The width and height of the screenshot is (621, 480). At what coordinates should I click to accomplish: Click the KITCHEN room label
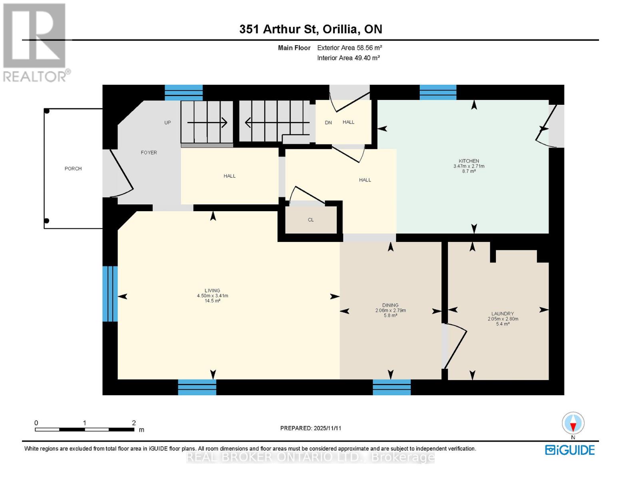[x=469, y=161]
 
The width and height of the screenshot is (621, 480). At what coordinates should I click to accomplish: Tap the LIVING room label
[x=212, y=291]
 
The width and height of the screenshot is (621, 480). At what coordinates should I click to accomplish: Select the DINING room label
[x=390, y=305]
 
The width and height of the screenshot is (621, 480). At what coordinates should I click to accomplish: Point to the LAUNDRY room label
[x=503, y=314]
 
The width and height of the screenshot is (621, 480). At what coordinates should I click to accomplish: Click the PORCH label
[x=73, y=169]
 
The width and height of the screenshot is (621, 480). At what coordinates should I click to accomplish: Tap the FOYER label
[x=149, y=153]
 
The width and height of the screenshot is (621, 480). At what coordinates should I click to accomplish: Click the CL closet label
[x=311, y=220]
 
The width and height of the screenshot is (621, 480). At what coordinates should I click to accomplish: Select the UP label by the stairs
[x=168, y=123]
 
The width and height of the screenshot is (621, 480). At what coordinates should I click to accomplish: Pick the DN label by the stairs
[x=328, y=123]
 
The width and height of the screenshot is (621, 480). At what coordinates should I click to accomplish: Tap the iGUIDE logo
[x=570, y=450]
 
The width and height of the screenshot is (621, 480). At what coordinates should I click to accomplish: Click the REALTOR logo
[x=35, y=42]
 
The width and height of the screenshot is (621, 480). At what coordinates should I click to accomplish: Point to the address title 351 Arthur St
[x=311, y=29]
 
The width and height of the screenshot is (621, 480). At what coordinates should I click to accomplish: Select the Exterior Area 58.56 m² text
[x=349, y=48]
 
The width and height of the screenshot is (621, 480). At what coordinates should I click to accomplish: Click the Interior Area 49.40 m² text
[x=348, y=58]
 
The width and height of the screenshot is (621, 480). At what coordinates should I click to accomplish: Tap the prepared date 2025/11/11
[x=311, y=428]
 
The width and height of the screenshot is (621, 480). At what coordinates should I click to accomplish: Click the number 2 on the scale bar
[x=134, y=423]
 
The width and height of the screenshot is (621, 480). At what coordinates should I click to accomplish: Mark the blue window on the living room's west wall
[x=110, y=294]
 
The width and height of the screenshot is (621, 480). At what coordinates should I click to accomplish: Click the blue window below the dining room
[x=391, y=387]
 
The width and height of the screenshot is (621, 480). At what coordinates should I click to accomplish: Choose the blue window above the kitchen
[x=438, y=92]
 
